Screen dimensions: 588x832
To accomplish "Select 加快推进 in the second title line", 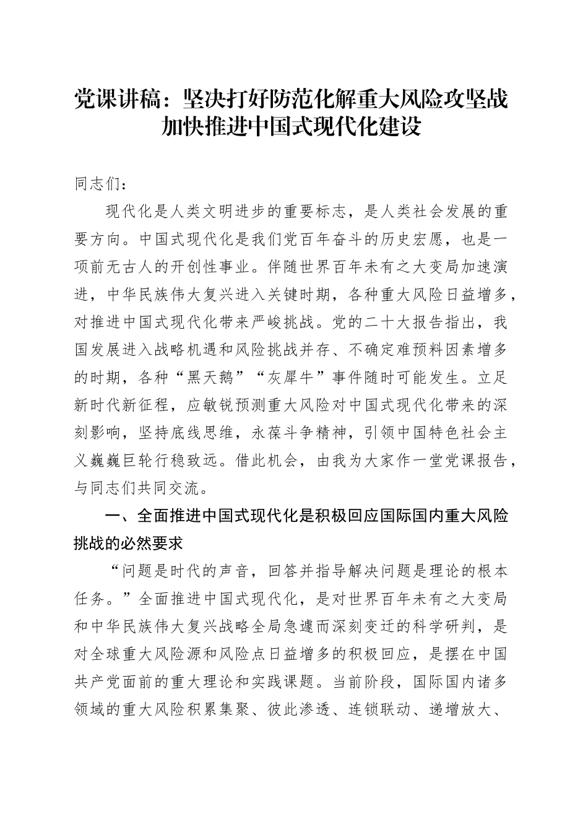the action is pyautogui.click(x=201, y=128).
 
